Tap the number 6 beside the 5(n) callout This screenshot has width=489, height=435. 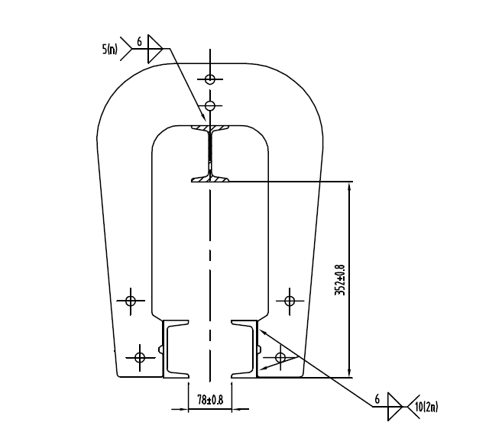pyautogui.click(x=138, y=41)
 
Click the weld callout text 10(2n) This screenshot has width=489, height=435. pyautogui.click(x=426, y=405)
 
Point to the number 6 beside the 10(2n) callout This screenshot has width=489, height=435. pyautogui.click(x=377, y=398)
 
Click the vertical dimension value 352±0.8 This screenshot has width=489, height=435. pyautogui.click(x=340, y=279)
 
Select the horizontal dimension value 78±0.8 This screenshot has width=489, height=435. pyautogui.click(x=210, y=399)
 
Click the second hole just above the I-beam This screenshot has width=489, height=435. pyautogui.click(x=210, y=105)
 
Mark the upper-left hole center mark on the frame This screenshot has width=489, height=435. pyautogui.click(x=131, y=301)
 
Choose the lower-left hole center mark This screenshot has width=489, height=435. pyautogui.click(x=139, y=356)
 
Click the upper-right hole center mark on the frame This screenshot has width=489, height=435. pyautogui.click(x=290, y=301)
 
